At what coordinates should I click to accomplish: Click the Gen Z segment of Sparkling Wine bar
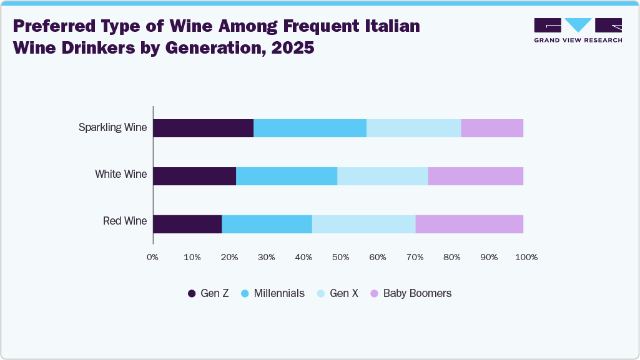(x=203, y=128)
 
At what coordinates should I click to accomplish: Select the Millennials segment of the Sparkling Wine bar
(x=310, y=128)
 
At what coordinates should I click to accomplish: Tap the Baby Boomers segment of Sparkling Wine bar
(x=492, y=128)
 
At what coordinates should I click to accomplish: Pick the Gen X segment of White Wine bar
(x=382, y=176)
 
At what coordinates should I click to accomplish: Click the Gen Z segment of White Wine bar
(x=194, y=176)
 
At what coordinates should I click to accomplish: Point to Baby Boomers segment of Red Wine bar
(x=469, y=224)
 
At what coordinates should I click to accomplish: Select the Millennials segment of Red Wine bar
(x=267, y=224)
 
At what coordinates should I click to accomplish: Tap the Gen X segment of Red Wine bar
(x=363, y=224)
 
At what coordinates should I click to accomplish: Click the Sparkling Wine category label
(x=112, y=128)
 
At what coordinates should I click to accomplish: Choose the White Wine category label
(x=121, y=174)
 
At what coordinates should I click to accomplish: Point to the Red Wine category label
(x=125, y=221)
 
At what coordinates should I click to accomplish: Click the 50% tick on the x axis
(x=340, y=257)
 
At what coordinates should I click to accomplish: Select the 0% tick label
(x=152, y=257)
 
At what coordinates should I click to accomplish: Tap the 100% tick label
(x=526, y=257)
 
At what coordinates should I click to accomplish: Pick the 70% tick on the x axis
(x=415, y=257)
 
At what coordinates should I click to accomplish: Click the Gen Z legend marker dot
(x=192, y=293)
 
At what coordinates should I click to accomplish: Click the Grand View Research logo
(x=578, y=30)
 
